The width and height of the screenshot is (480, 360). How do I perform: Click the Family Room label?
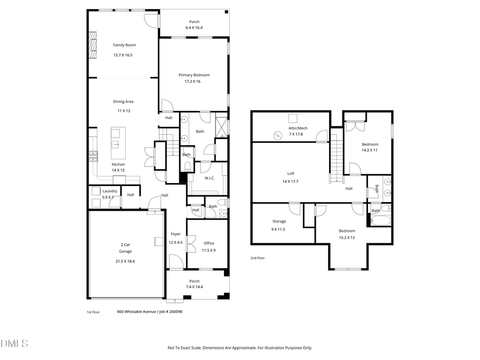click(122, 45)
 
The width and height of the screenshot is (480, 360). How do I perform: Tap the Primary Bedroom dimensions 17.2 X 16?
click(194, 82)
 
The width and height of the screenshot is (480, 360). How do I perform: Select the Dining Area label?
click(123, 101)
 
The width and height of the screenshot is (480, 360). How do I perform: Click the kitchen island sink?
click(115, 144)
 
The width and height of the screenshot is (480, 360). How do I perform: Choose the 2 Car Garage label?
click(125, 248)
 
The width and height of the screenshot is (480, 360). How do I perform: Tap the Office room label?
click(209, 243)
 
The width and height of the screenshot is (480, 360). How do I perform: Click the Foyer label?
click(175, 234)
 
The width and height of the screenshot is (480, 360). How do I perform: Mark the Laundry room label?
click(110, 191)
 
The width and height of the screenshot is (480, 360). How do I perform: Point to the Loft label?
click(291, 173)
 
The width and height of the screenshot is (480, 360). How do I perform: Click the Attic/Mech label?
click(298, 128)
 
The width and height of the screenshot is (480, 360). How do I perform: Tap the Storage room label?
click(279, 221)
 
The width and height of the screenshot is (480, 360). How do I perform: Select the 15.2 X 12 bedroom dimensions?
click(347, 237)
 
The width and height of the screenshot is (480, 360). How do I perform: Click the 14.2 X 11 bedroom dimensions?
click(370, 150)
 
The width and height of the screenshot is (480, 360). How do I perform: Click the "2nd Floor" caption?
click(258, 258)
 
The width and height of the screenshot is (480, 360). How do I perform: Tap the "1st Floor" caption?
click(93, 312)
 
